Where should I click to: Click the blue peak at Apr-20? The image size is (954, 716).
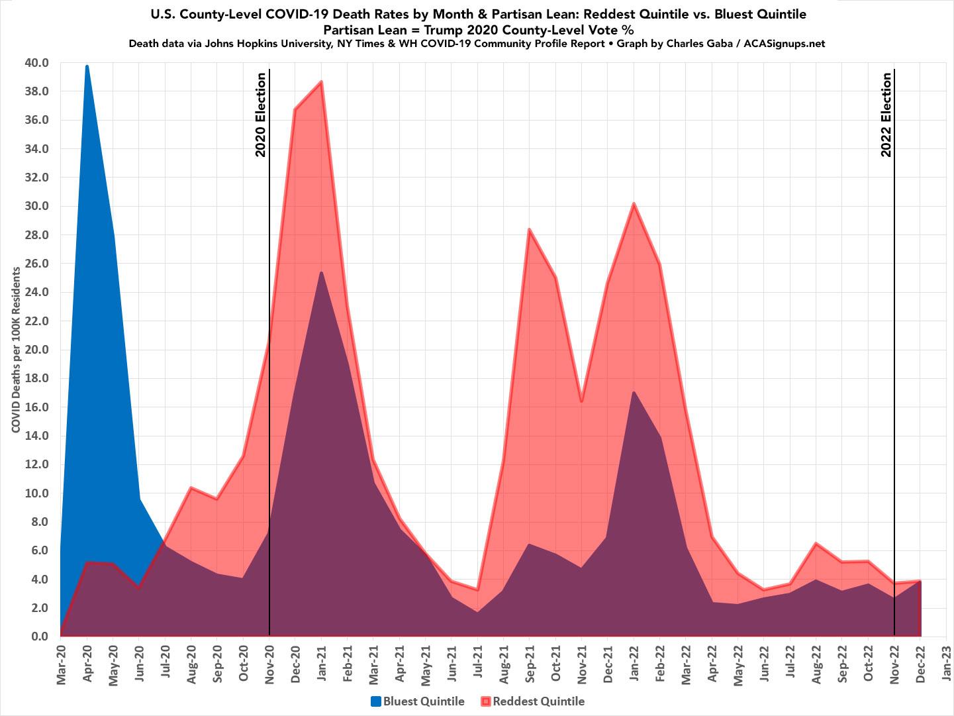point(87,66)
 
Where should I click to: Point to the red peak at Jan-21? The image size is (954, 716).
point(321,81)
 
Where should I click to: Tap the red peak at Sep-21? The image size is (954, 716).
point(529,229)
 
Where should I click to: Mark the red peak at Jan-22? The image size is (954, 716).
point(634,203)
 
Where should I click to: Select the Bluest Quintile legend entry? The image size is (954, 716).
point(418,701)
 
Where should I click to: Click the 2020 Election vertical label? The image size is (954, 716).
point(261,115)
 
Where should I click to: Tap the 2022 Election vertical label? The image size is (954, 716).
point(886,115)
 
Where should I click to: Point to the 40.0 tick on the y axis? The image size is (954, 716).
point(37,63)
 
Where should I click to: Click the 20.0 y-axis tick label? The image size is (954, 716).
point(37,350)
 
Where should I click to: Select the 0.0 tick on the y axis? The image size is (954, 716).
point(40,637)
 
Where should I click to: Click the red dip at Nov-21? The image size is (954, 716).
point(581,401)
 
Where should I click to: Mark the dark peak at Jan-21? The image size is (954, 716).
point(321,272)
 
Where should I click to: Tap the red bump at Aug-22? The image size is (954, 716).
point(816,543)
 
